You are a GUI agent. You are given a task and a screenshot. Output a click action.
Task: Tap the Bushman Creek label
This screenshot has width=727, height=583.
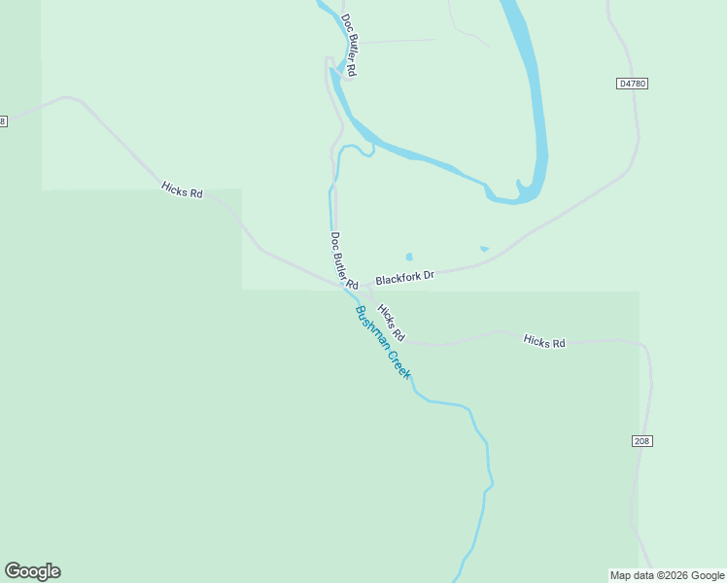[x=383, y=342]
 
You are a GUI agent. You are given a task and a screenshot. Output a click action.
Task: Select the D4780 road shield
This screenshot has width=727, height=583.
[x=632, y=84]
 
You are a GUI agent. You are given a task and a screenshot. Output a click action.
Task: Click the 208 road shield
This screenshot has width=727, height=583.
[x=641, y=441]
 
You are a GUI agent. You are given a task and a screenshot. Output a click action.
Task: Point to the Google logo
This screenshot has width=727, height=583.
[x=32, y=571]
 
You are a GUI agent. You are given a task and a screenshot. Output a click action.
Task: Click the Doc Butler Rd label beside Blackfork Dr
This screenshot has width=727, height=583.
[x=344, y=260]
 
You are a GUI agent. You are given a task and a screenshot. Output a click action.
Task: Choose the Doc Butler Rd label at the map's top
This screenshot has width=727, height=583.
[x=350, y=46]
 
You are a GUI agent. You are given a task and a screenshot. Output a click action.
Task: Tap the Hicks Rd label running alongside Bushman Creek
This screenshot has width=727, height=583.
[x=391, y=323]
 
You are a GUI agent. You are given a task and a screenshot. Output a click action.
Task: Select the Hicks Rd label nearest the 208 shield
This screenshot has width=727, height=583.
[x=544, y=342]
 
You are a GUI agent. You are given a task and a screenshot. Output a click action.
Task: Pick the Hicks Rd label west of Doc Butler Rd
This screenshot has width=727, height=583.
[x=182, y=191]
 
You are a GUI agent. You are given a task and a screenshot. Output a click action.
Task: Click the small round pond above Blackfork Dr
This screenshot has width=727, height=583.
[x=409, y=257]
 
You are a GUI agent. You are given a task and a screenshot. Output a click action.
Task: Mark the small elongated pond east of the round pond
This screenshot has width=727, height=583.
[x=484, y=249]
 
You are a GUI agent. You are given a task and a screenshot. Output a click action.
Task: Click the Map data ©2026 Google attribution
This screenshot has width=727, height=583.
[x=666, y=575]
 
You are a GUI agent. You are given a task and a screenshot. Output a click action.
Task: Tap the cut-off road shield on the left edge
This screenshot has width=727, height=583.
[x=3, y=120]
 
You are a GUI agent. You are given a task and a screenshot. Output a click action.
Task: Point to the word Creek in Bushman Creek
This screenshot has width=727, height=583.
[x=399, y=363]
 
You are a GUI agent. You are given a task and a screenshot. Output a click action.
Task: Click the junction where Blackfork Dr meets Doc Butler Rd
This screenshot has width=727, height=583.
[x=367, y=285]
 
